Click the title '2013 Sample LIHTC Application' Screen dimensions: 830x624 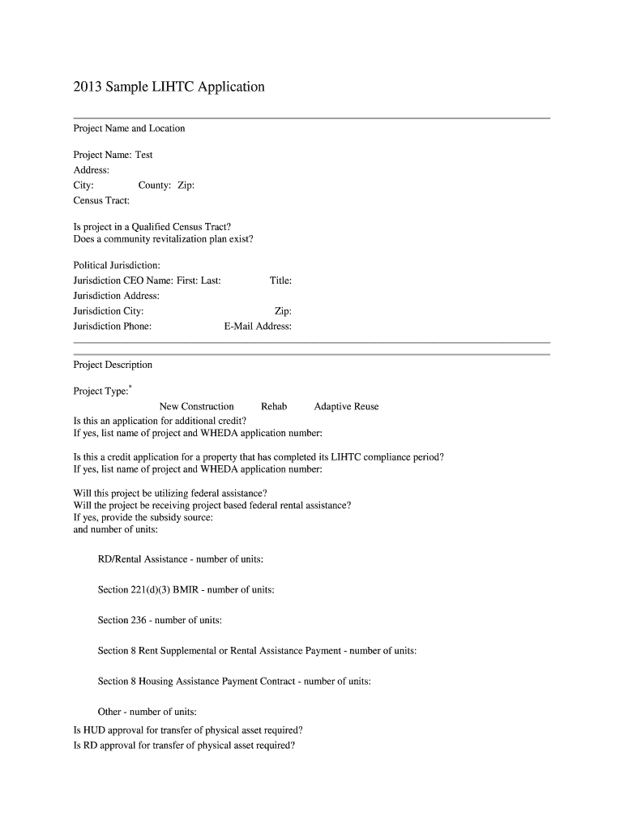[169, 87]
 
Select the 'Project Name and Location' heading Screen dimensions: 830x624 [129, 128]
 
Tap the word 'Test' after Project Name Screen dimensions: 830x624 [143, 155]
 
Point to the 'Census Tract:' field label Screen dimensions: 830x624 [101, 200]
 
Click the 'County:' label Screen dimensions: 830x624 [154, 186]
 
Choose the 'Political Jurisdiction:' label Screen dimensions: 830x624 [117, 265]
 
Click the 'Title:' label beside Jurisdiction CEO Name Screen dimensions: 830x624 [280, 280]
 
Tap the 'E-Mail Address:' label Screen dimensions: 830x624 [258, 327]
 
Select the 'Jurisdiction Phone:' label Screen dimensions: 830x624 [112, 327]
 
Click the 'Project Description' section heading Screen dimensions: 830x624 [113, 365]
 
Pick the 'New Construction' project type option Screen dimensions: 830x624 [196, 407]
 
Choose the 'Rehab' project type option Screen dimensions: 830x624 [274, 407]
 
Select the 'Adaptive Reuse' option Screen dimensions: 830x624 [346, 407]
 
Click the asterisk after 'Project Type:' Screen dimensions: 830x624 [130, 387]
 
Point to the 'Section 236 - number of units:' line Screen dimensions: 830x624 [160, 620]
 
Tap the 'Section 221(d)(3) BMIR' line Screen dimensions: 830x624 [186, 590]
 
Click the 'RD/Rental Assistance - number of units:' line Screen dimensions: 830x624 [180, 559]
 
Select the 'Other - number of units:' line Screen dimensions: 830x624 [147, 712]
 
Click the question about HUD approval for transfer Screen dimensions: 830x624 [188, 729]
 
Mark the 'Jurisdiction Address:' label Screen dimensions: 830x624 [116, 296]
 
